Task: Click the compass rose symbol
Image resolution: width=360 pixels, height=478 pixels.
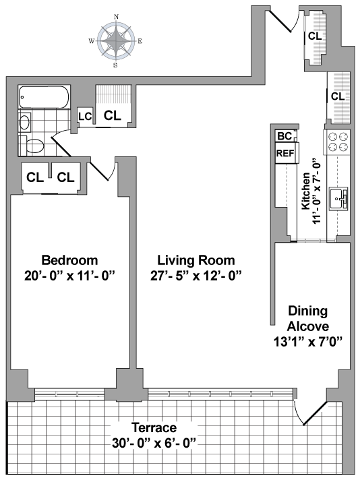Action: pos(116,40)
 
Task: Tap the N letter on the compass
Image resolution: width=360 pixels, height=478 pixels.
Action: pos(116,17)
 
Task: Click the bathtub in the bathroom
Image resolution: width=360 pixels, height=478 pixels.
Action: pos(44,97)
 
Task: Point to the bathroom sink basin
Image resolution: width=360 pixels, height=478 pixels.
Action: pos(24,122)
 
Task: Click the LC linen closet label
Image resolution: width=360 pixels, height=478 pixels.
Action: pos(85,117)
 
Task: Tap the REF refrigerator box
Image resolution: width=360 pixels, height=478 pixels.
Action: pos(286,153)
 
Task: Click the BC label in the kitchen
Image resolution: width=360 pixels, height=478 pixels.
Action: pos(284,136)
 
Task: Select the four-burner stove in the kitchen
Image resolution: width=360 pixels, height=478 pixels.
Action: pos(338,142)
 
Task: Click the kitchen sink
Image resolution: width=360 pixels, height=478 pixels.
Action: pos(338,198)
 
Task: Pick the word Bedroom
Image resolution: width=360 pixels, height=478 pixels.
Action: pos(70,260)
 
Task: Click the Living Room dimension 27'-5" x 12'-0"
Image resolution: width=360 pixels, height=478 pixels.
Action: pos(196,276)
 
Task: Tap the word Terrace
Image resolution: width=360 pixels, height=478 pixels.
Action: pos(154,427)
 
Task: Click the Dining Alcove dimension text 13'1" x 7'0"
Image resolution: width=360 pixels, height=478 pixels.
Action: pos(308,342)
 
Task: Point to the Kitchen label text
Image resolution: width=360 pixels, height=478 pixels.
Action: pos(306,191)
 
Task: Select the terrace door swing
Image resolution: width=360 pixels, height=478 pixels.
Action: pos(310,413)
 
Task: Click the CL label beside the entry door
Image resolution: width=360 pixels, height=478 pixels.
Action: pos(315,36)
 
